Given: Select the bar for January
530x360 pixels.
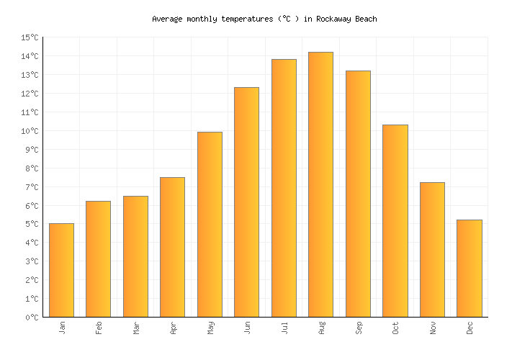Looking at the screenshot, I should [x=61, y=270].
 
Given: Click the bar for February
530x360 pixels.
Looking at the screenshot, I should [x=98, y=259].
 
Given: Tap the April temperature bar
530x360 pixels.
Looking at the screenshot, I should [x=172, y=247].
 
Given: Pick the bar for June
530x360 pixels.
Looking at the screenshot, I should [x=246, y=202].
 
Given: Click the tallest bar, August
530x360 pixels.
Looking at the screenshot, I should [x=320, y=184].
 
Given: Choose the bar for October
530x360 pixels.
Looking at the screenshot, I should [x=395, y=221].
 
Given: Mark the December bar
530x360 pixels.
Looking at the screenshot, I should [x=469, y=269].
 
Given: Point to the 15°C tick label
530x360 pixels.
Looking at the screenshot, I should [x=30, y=37].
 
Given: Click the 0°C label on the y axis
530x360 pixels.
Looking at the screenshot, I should [x=32, y=318].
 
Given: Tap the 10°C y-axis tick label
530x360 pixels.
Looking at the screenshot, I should [x=30, y=131].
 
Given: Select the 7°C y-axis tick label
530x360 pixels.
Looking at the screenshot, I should [x=32, y=187].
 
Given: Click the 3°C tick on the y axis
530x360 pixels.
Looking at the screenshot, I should [x=32, y=261].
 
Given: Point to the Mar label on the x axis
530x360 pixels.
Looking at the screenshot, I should [x=136, y=328].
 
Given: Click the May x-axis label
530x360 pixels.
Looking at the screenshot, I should [x=210, y=328].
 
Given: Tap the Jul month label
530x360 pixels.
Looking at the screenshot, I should [x=284, y=328].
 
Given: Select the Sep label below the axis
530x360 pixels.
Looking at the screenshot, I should [x=359, y=328].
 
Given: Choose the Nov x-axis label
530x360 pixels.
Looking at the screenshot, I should [x=433, y=328].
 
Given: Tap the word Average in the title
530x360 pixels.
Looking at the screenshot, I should [x=167, y=19].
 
